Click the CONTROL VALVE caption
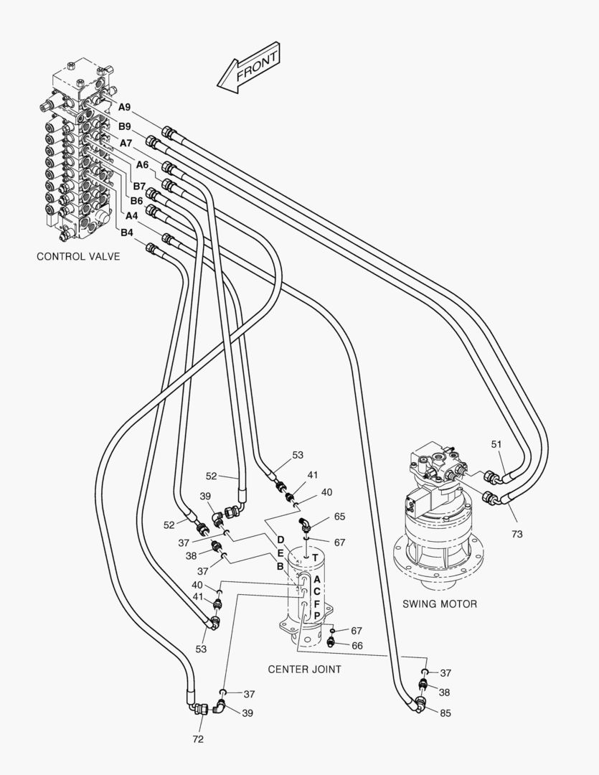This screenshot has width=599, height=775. (78, 256)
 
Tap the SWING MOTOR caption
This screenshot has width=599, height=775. (439, 604)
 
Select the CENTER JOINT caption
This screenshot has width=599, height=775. (304, 670)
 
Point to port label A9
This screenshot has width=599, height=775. (125, 107)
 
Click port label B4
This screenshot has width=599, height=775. (127, 232)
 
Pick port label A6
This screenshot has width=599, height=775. (142, 164)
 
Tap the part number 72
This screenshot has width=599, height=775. (198, 739)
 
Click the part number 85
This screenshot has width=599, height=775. (445, 713)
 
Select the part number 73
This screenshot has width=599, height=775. (517, 535)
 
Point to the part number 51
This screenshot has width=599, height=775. (496, 444)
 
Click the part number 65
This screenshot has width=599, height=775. (339, 517)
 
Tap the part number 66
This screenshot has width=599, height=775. (357, 646)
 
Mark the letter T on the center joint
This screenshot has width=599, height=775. (315, 558)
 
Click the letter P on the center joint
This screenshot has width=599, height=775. (317, 616)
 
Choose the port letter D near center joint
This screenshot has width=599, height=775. (280, 539)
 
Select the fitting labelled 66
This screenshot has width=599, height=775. (331, 642)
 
